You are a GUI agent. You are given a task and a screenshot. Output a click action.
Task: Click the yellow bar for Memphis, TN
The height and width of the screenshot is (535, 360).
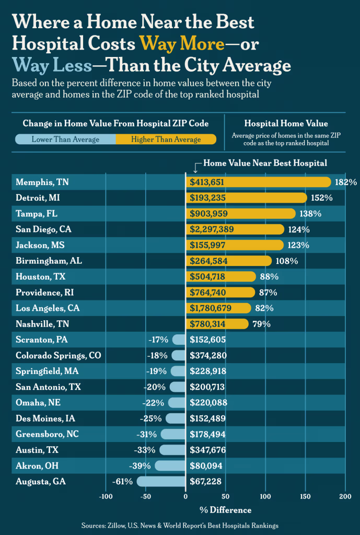click(x=259, y=182)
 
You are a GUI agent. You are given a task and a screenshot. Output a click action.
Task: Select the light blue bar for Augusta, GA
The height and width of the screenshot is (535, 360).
click(x=161, y=482)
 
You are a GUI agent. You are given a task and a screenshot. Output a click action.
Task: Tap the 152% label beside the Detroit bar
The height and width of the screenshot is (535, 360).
click(x=322, y=198)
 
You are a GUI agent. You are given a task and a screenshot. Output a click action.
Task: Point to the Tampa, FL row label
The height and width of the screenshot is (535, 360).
click(x=34, y=214)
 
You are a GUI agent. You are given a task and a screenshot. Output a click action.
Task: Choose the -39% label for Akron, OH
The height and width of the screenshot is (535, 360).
click(x=140, y=466)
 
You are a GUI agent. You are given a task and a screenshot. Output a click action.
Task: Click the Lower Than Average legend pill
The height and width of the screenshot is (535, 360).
click(x=65, y=139)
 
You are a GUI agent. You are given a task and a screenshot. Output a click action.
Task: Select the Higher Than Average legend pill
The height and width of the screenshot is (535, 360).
click(x=166, y=139)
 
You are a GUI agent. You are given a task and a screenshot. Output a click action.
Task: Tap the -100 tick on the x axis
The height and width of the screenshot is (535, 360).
click(x=106, y=496)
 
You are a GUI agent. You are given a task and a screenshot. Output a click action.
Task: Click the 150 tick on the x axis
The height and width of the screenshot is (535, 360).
click(x=305, y=496)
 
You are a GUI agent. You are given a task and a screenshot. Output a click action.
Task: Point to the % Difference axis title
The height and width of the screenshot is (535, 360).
click(x=225, y=510)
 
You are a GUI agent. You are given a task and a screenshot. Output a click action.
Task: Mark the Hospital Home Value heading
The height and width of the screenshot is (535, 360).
click(x=286, y=124)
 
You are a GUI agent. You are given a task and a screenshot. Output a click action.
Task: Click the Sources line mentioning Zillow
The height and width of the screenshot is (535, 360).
click(x=180, y=526)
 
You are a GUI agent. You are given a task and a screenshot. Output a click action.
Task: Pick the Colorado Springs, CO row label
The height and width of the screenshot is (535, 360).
click(x=58, y=355)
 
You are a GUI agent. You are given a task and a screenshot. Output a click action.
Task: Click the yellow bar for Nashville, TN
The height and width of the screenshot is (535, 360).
click(x=217, y=324)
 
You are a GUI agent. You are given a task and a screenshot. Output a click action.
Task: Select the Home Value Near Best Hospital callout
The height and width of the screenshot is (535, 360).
click(x=265, y=163)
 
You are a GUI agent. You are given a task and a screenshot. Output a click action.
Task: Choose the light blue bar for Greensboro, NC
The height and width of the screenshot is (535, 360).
click(x=173, y=434)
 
